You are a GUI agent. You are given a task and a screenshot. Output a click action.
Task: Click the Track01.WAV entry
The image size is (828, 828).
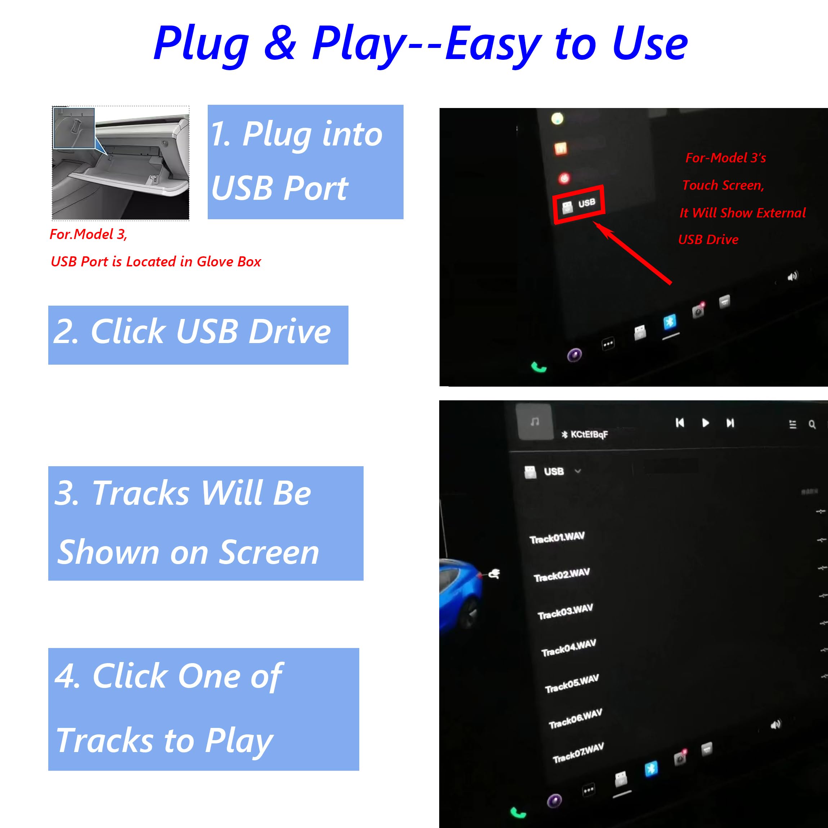click(x=557, y=537)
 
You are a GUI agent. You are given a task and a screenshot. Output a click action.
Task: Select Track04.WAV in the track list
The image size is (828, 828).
click(x=568, y=648)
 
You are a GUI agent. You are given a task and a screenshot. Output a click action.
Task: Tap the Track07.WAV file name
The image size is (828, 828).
click(x=578, y=753)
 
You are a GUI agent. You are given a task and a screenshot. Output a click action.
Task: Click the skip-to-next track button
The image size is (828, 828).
click(x=730, y=423)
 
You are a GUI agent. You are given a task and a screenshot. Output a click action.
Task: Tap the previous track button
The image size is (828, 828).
click(x=680, y=423)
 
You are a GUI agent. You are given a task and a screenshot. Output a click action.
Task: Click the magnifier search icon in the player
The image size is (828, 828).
click(x=812, y=424)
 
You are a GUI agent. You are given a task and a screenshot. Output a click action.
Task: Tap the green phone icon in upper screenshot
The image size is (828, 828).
click(x=539, y=367)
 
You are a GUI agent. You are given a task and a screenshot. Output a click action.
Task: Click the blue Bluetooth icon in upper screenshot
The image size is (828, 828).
click(x=670, y=321)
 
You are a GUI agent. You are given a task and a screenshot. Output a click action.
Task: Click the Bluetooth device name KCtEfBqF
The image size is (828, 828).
click(x=589, y=434)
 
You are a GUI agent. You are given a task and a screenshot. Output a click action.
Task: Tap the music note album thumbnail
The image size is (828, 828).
click(x=535, y=422)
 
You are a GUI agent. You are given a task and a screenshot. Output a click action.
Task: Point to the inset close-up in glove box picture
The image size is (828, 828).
click(x=74, y=128)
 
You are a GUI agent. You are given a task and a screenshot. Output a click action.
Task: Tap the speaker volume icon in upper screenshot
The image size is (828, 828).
click(x=792, y=276)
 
